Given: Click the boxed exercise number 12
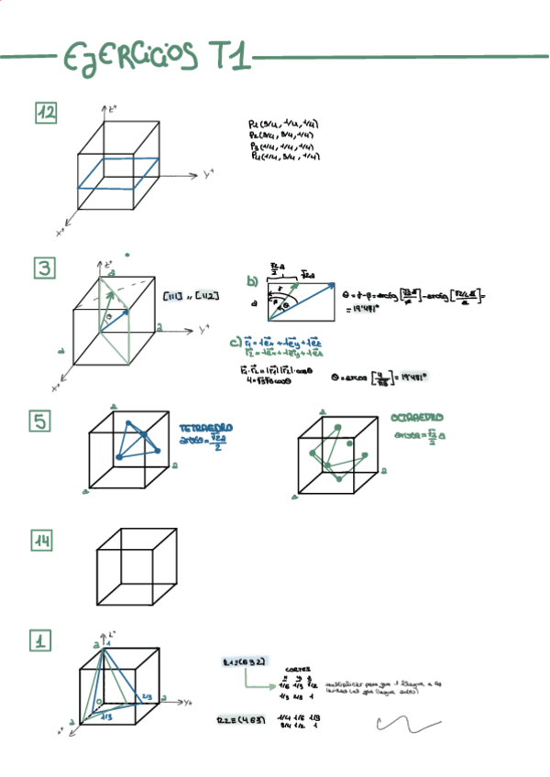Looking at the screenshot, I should click(x=47, y=112).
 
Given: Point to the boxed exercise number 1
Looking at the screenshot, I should click(x=41, y=641).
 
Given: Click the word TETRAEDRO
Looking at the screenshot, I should click(x=205, y=428).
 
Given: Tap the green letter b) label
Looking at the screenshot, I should click(x=252, y=282).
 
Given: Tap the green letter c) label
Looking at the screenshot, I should click(x=236, y=344).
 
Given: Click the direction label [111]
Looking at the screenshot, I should click(x=171, y=296).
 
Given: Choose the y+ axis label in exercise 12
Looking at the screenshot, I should click(x=209, y=173).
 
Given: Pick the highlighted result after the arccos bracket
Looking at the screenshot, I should click(x=414, y=376).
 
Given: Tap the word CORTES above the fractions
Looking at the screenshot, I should click(x=298, y=669).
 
